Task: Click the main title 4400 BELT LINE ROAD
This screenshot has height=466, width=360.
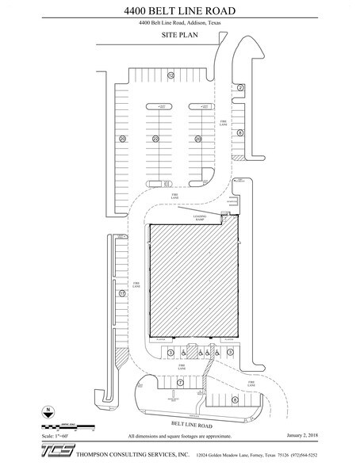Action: point(180,10)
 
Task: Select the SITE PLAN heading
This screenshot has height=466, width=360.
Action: point(179,36)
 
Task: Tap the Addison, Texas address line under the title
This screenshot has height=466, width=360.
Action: point(179,24)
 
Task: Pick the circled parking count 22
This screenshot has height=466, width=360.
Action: point(156,139)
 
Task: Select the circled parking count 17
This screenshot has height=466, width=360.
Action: point(122,293)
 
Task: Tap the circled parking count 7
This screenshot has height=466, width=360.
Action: point(180,382)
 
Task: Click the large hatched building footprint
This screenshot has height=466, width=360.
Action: point(194,281)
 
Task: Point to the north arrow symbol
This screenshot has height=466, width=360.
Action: point(49,412)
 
